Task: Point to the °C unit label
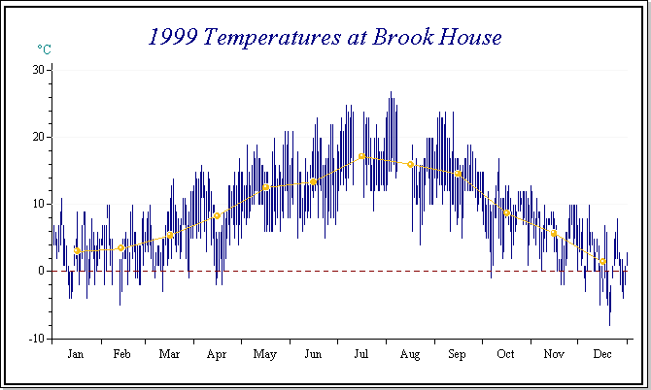[x=44, y=49]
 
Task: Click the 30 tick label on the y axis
[x=39, y=70]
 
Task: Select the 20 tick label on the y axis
[x=39, y=137]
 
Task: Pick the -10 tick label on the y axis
[x=37, y=339]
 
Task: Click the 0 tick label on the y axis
[x=42, y=272]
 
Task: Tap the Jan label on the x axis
[x=76, y=355]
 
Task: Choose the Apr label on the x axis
[x=216, y=355]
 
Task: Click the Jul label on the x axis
[x=360, y=355]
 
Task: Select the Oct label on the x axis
[x=505, y=355]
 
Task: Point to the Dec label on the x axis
[x=601, y=355]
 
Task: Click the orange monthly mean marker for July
[x=361, y=156]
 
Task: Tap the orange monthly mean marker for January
[x=77, y=251]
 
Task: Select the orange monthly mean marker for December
[x=602, y=262]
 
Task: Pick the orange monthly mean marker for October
[x=506, y=213]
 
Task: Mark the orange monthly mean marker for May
[x=265, y=187]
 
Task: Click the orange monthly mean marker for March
[x=170, y=235]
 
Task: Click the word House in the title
[x=467, y=38]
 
